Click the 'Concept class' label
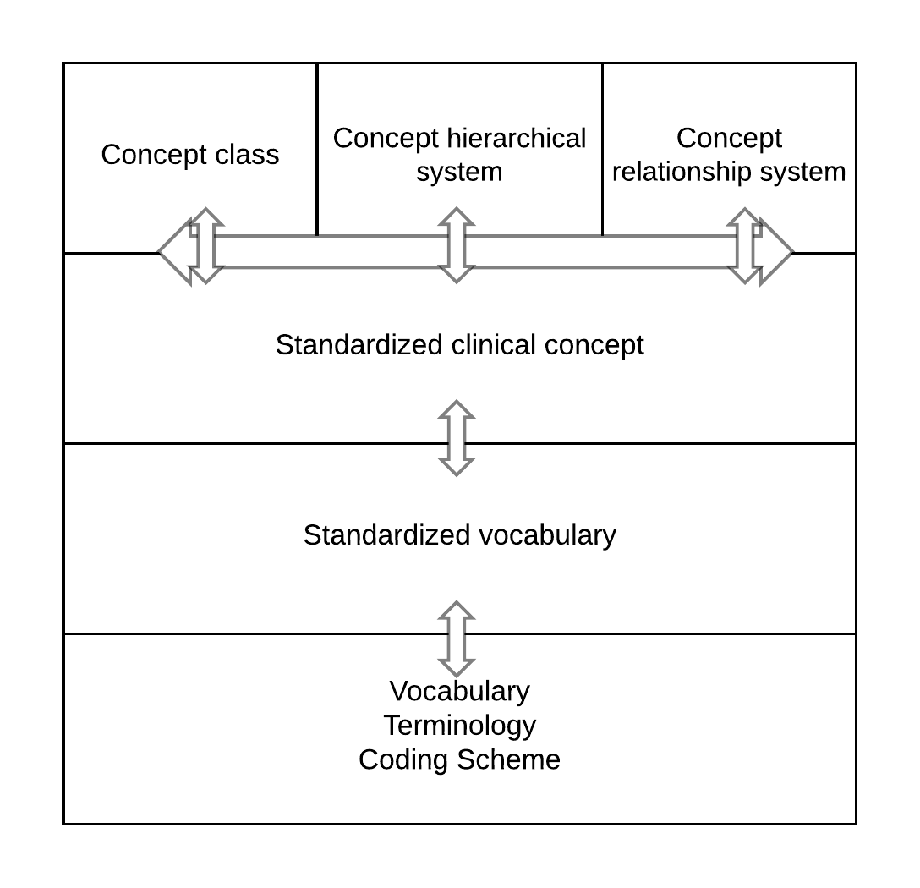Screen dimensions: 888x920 pyautogui.click(x=190, y=155)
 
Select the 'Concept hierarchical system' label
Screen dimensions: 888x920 pyautogui.click(x=459, y=155)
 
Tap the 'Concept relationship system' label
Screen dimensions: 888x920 pyautogui.click(x=729, y=155)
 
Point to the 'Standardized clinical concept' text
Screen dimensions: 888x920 pyautogui.click(x=459, y=345)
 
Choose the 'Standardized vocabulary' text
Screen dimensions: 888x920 pyautogui.click(x=459, y=535)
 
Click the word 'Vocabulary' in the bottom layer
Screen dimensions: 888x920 pyautogui.click(x=459, y=691)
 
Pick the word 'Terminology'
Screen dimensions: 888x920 pyautogui.click(x=459, y=726)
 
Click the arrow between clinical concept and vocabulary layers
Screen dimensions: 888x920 pyautogui.click(x=457, y=438)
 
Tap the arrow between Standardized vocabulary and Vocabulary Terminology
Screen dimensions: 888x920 pyautogui.click(x=457, y=639)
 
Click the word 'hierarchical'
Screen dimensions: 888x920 pyautogui.click(x=516, y=138)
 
